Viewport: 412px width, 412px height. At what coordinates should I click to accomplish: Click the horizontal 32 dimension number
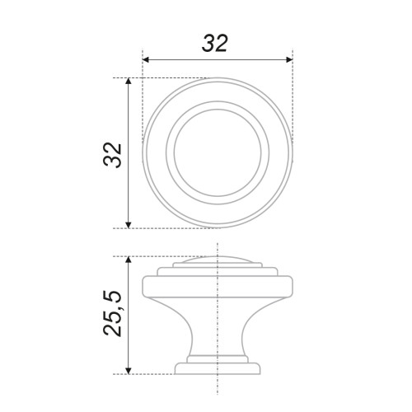coord(215,44)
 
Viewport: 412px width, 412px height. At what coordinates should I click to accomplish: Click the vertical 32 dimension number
coord(112,155)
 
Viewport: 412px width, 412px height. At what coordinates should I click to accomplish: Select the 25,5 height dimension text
coord(112,313)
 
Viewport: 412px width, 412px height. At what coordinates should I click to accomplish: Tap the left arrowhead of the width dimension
coord(146,59)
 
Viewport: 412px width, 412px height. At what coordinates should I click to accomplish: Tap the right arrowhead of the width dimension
coord(289,59)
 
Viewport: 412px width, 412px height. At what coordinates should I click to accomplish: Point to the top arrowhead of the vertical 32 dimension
coord(128,82)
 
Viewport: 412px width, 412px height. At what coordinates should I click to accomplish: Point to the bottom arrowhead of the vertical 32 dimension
coord(128,225)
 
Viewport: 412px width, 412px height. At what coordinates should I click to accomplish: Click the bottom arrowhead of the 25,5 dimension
coord(128,371)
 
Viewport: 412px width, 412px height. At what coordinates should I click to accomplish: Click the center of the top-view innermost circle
coord(218,152)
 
